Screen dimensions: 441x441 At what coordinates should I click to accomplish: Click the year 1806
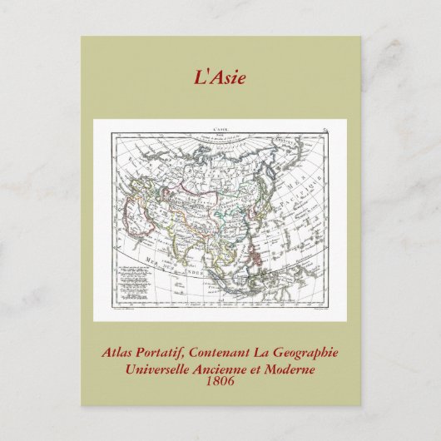tap(220, 381)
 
